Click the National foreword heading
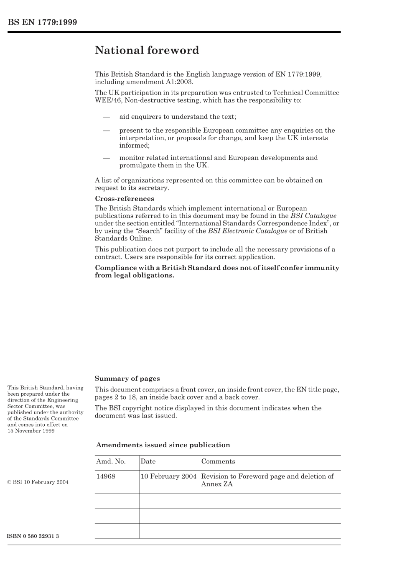point(147,51)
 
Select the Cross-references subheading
point(124,199)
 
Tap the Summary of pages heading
point(127,379)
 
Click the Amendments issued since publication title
point(163,445)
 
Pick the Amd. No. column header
point(111,461)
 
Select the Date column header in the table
point(148,461)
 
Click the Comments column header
point(218,461)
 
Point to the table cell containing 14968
point(106,476)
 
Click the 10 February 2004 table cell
point(168,476)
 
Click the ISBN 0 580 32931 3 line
point(33,536)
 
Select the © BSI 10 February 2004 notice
point(38,482)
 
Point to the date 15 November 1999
point(31,430)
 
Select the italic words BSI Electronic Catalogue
point(247,231)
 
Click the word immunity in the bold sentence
point(322,268)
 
